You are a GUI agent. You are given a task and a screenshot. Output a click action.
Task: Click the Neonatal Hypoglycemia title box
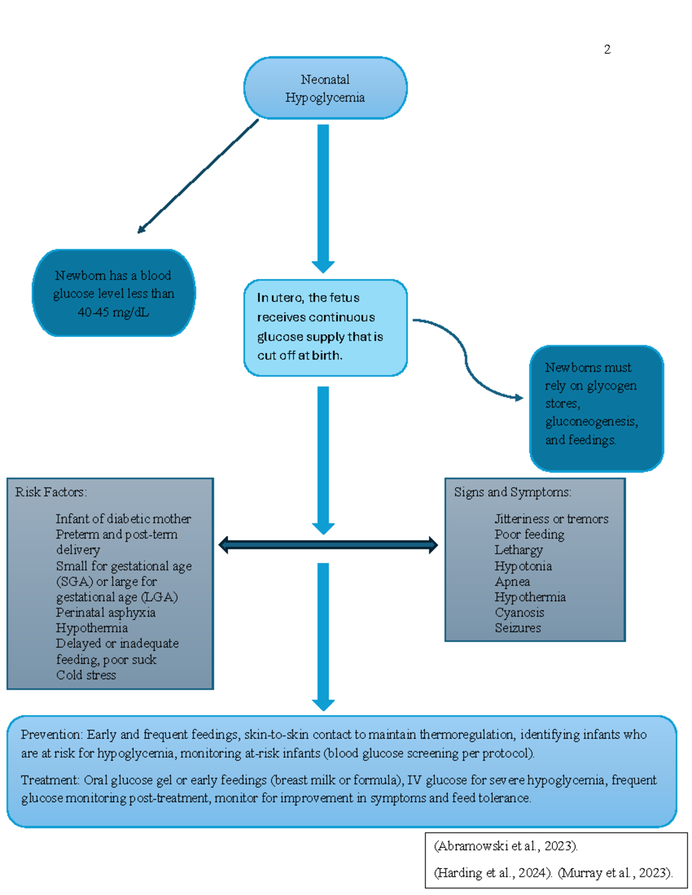point(325,88)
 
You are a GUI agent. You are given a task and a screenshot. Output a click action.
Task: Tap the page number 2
point(607,50)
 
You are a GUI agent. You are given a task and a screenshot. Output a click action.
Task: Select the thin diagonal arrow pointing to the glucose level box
point(197,176)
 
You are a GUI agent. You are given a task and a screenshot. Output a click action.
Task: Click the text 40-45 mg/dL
point(114,312)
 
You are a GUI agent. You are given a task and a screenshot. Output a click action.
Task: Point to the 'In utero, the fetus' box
point(325,327)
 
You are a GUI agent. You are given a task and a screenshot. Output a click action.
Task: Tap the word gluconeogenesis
point(591,421)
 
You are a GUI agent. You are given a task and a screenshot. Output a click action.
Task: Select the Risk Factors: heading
point(51,492)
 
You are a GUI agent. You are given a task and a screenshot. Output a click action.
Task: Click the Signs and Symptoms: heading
point(512,492)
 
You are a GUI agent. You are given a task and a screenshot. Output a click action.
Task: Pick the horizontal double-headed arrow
point(328,545)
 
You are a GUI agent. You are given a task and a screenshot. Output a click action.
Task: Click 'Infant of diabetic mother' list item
point(123,519)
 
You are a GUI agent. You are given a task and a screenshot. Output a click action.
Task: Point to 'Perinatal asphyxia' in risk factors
point(106,613)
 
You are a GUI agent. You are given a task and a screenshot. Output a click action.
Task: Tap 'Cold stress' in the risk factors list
point(86,675)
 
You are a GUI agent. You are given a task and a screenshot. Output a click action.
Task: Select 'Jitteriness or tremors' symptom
point(551,519)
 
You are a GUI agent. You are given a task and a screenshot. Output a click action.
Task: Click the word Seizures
point(517,628)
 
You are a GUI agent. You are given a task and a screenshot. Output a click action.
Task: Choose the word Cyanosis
point(519,613)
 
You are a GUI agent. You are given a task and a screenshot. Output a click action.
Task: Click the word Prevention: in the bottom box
point(52,735)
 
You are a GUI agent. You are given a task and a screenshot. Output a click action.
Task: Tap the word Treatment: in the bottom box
point(50,780)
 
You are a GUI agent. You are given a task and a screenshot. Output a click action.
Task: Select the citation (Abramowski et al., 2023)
point(506,846)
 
